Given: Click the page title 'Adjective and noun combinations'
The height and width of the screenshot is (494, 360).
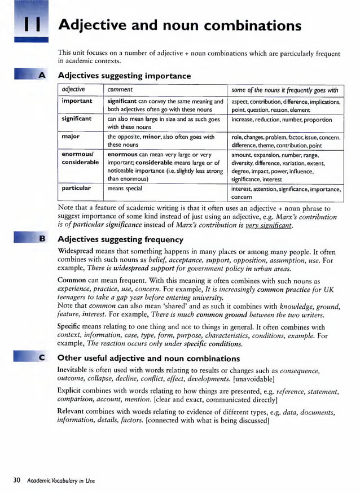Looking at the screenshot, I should tap(180, 26).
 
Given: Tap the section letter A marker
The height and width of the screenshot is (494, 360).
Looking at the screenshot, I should tap(42, 75).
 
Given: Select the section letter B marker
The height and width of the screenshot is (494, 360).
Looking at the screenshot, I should tap(42, 239).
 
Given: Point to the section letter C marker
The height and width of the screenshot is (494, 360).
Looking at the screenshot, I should tap(42, 358).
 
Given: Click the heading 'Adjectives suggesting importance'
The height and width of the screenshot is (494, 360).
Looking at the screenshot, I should tap(124, 76).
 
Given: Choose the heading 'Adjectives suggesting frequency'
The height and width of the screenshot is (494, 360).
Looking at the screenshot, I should tap(120, 239).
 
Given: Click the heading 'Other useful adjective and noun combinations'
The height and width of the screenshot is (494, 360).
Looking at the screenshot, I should tap(148, 359).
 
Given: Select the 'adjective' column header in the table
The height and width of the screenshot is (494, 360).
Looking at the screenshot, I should tap(73, 89).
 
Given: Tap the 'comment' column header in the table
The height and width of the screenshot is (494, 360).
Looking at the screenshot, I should tap(120, 89).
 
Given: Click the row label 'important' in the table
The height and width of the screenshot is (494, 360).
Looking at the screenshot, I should tap(77, 101).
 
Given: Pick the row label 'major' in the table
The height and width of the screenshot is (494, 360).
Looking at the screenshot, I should tap(71, 137).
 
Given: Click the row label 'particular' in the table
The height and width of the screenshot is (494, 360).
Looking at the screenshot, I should tap(76, 188).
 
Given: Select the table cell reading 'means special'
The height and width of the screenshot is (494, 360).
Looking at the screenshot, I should tap(125, 189).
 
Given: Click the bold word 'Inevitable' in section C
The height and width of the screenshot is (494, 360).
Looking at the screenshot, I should tap(74, 369).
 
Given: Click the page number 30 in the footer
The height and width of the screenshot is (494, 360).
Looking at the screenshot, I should tap(16, 480).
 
